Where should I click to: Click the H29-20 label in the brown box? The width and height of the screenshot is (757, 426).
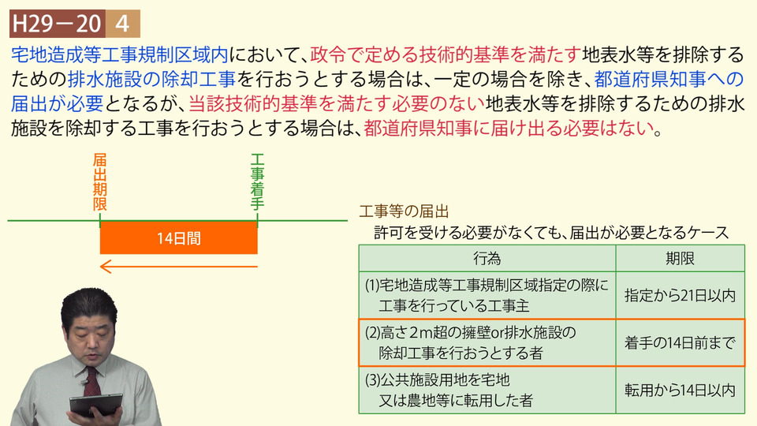(57, 24)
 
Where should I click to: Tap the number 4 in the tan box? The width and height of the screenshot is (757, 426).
(123, 24)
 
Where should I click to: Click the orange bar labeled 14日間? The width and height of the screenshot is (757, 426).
(179, 237)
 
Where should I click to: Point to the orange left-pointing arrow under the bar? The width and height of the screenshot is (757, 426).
(179, 267)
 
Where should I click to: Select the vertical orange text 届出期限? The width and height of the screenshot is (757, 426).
(100, 182)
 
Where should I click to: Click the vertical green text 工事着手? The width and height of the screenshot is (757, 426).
(257, 182)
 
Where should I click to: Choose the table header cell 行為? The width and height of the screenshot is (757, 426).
(487, 259)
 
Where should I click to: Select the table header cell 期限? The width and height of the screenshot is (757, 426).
(681, 259)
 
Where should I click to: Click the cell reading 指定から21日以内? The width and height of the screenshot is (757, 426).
(681, 295)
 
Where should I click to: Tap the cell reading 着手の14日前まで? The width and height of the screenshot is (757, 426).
(681, 343)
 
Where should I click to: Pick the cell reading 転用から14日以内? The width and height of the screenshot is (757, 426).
(681, 390)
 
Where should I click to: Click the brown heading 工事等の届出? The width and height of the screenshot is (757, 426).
(404, 211)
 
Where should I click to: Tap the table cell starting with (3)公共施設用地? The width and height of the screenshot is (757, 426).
(487, 390)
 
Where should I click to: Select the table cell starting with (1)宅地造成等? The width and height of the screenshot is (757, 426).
(487, 295)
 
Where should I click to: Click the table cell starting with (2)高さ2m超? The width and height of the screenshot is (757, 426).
(487, 343)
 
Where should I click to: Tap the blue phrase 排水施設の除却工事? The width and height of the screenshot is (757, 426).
(151, 79)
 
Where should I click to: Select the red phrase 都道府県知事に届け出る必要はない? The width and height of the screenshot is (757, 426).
(508, 128)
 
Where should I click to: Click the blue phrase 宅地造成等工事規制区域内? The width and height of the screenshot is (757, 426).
(120, 54)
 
